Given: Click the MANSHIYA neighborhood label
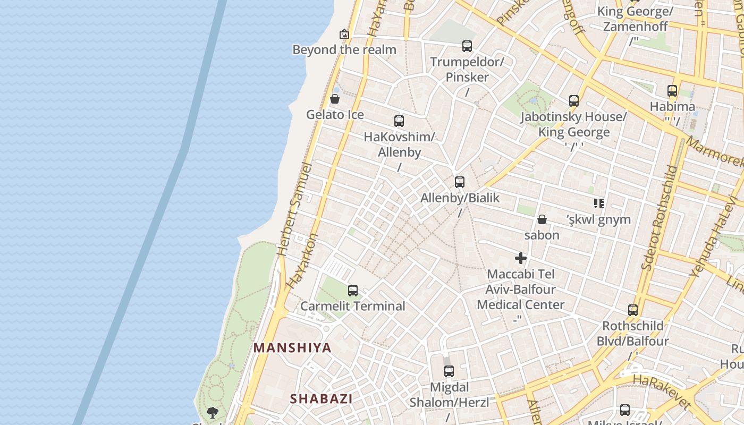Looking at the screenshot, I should [x=292, y=348].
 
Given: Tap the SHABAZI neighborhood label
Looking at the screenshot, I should [x=321, y=398].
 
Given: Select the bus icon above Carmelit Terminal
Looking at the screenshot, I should [x=353, y=291].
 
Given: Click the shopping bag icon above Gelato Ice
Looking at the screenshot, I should [x=335, y=99].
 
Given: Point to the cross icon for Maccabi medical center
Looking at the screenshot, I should [x=521, y=259].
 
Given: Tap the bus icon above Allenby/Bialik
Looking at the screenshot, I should [x=460, y=182].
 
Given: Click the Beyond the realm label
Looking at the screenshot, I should [x=344, y=50].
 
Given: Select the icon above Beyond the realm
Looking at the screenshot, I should [x=344, y=35].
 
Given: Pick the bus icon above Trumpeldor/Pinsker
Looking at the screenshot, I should [x=467, y=46].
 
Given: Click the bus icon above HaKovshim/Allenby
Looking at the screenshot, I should [x=399, y=121].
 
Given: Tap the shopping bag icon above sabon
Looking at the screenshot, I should [x=542, y=219].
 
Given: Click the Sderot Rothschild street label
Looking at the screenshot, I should [x=659, y=217].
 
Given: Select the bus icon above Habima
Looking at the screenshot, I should [x=672, y=91].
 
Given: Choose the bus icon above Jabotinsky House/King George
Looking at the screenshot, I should [x=574, y=101].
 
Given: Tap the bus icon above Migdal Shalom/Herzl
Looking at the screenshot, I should [x=449, y=371].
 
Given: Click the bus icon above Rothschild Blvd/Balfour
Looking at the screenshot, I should [x=633, y=310].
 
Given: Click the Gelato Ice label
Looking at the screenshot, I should [x=335, y=115].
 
